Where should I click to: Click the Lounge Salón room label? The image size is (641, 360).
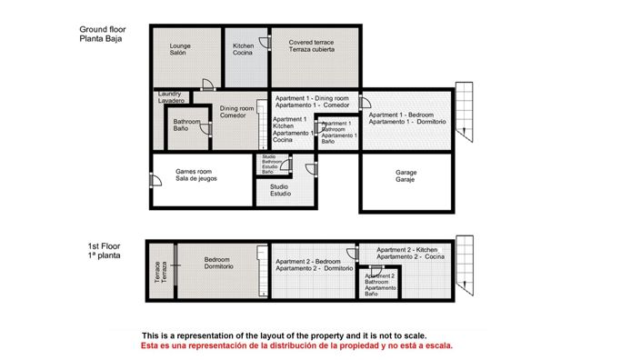click(179, 49)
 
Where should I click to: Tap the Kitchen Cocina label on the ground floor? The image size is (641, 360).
click(243, 49)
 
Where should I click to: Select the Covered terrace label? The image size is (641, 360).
click(311, 45)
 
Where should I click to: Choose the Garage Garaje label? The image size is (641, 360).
click(406, 176)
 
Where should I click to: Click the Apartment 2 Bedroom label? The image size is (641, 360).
click(314, 265)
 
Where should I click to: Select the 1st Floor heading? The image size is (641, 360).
click(104, 251)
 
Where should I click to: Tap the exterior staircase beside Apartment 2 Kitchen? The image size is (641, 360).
click(465, 265)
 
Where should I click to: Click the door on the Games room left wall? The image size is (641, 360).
click(152, 179)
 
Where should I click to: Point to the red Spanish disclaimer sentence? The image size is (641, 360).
click(296, 346)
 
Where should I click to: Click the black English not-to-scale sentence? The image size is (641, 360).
click(284, 335)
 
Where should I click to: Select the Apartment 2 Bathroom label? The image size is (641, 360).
click(379, 285)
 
